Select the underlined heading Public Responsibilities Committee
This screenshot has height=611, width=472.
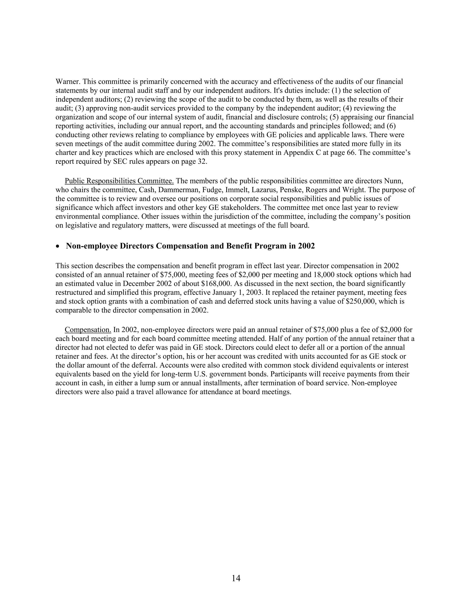tap(119, 181)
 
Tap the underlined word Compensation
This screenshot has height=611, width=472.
tap(88, 330)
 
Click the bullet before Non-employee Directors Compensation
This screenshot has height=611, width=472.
tap(58, 246)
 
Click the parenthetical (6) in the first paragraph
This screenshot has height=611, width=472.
tap(391, 126)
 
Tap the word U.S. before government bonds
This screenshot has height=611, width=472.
tap(201, 374)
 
